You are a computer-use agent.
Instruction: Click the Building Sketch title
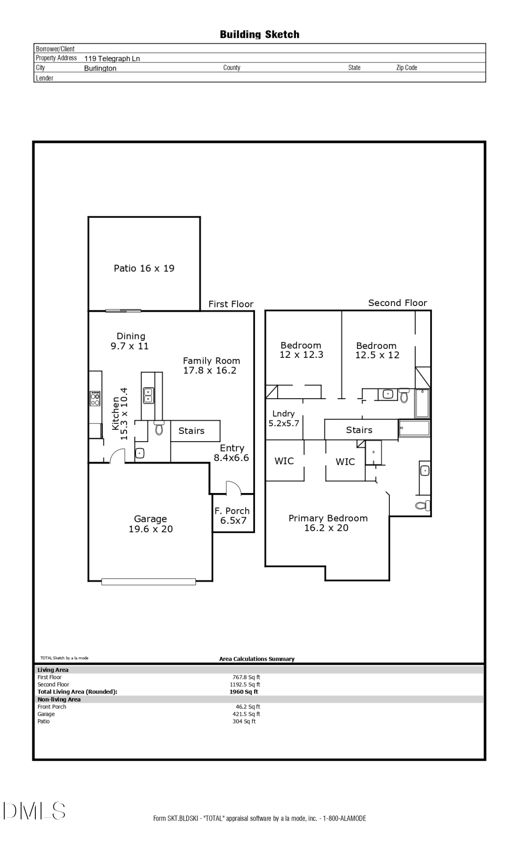[259, 34]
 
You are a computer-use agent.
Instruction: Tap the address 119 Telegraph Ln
[112, 59]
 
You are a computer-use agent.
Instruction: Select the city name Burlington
[100, 68]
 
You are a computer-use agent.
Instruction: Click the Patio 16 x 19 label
[144, 268]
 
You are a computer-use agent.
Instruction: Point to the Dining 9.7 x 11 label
[130, 341]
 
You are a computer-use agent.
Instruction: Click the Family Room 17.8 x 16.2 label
[211, 365]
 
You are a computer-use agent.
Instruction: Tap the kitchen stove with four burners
[95, 398]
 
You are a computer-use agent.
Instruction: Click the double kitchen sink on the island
[148, 395]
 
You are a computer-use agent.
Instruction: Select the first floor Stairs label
[191, 431]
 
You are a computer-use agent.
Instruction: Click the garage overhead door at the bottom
[148, 582]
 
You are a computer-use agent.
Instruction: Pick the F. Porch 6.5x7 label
[232, 516]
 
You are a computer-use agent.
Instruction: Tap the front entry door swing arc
[233, 488]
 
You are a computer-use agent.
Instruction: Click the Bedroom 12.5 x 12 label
[377, 351]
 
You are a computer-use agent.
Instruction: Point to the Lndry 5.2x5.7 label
[284, 419]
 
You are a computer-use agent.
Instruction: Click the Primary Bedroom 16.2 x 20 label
[327, 523]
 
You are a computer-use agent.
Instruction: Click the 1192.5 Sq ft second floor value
[245, 684]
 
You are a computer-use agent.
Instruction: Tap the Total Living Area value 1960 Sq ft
[244, 691]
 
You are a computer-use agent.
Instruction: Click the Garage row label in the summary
[46, 714]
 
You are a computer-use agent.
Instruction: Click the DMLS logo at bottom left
[34, 810]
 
